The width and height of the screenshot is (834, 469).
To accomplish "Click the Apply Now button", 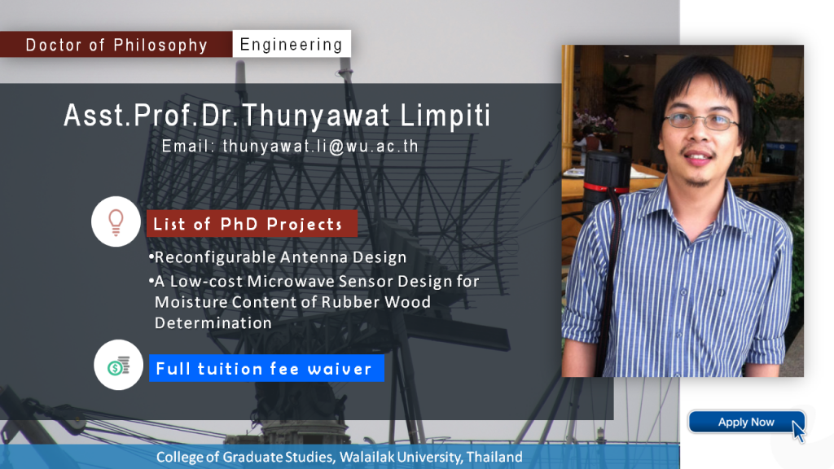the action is click(746, 423).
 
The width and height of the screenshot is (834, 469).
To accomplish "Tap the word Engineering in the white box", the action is click(292, 44).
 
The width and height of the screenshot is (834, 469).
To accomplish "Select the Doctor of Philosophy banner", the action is click(116, 45).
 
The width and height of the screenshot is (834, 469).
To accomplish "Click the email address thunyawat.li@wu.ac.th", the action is click(321, 147).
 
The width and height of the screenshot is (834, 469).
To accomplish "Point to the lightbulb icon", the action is click(116, 221).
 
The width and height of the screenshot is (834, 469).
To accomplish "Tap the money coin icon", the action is click(119, 366).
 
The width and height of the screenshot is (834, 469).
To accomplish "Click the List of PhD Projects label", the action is click(252, 224).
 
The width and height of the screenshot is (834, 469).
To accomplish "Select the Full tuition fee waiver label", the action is click(266, 369).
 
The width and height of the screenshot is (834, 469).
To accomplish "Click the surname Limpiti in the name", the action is click(446, 116).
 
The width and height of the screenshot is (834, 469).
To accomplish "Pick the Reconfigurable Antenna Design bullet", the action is click(278, 257).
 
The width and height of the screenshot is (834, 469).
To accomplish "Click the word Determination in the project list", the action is click(213, 322).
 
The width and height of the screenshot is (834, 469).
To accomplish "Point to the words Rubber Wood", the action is click(376, 302).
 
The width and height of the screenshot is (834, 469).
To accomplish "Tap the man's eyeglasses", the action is click(700, 121).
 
